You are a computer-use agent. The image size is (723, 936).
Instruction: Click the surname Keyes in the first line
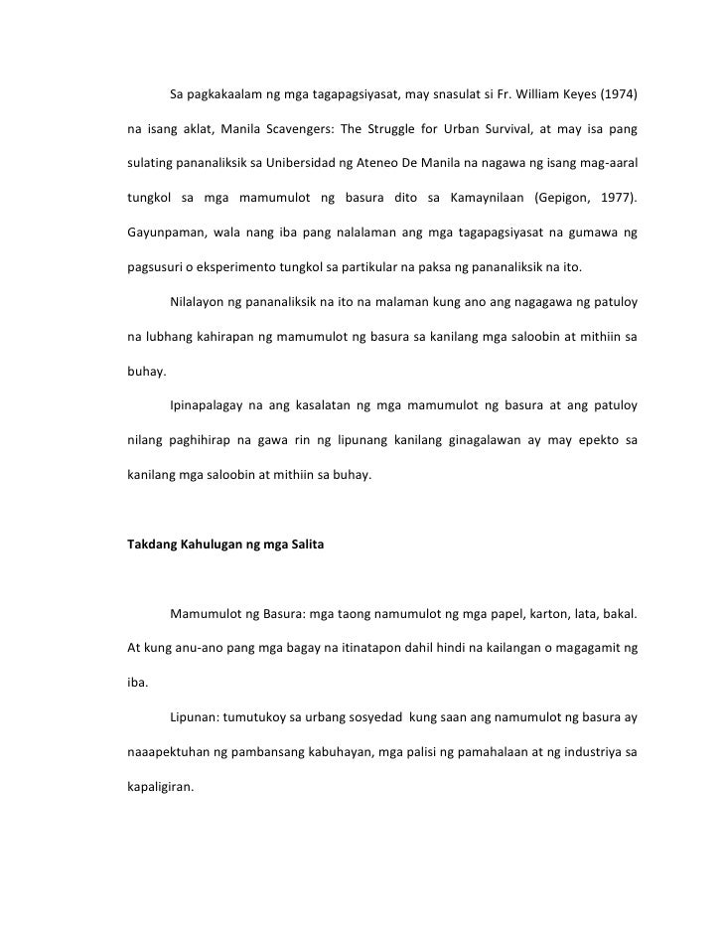coord(573,96)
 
